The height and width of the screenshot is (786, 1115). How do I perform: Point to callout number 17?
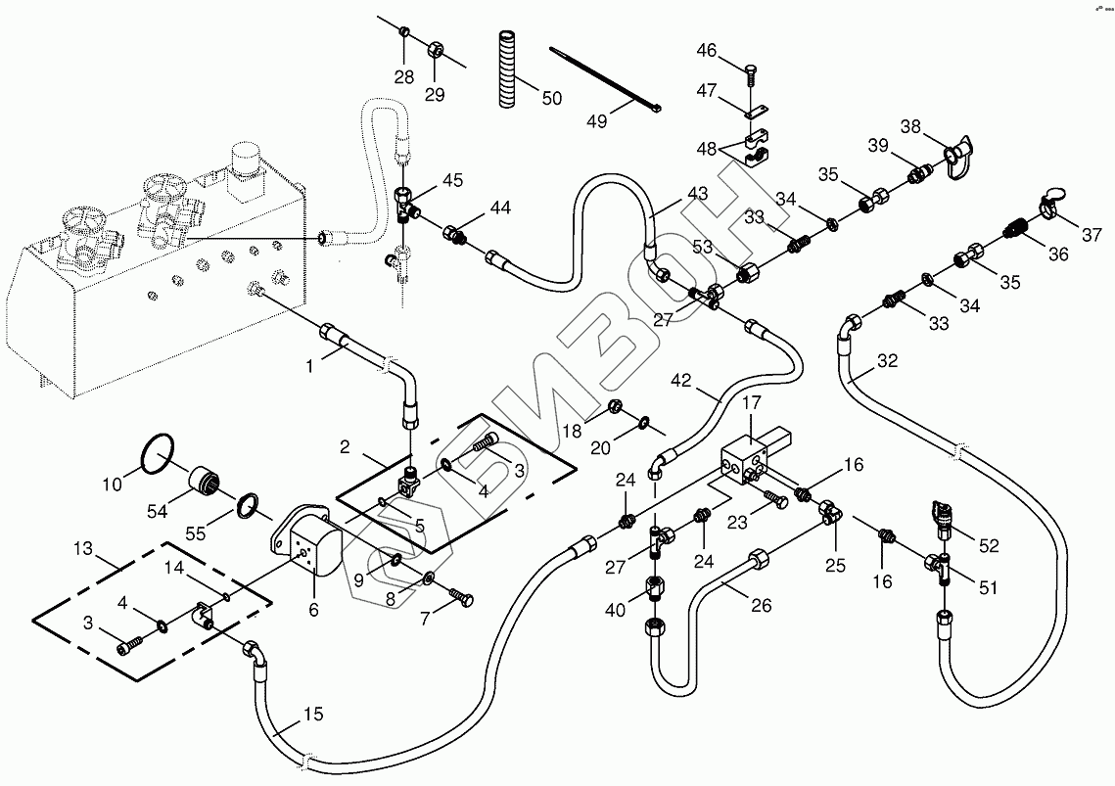[751, 402]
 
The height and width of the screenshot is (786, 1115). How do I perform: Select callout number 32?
[887, 361]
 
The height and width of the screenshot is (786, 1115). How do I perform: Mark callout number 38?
[910, 126]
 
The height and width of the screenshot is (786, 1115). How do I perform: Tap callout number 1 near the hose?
[309, 366]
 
